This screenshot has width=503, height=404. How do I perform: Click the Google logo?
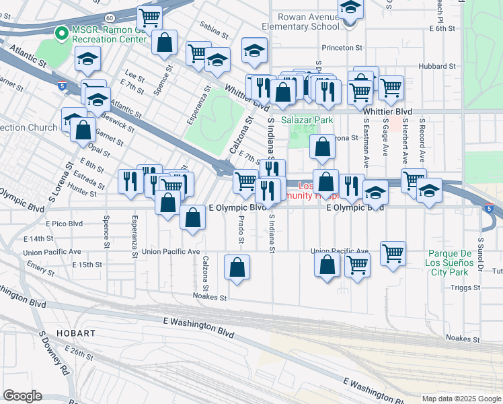(x=22, y=396)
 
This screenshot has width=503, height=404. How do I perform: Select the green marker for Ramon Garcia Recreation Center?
(x=61, y=32)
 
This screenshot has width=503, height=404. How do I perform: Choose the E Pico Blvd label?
(x=64, y=223)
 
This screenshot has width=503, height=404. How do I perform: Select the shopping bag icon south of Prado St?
(x=237, y=267)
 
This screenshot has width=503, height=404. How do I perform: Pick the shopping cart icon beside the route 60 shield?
(x=149, y=17)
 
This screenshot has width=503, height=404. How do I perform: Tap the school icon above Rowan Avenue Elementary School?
(x=350, y=8)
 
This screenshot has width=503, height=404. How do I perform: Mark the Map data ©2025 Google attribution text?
(x=461, y=399)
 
